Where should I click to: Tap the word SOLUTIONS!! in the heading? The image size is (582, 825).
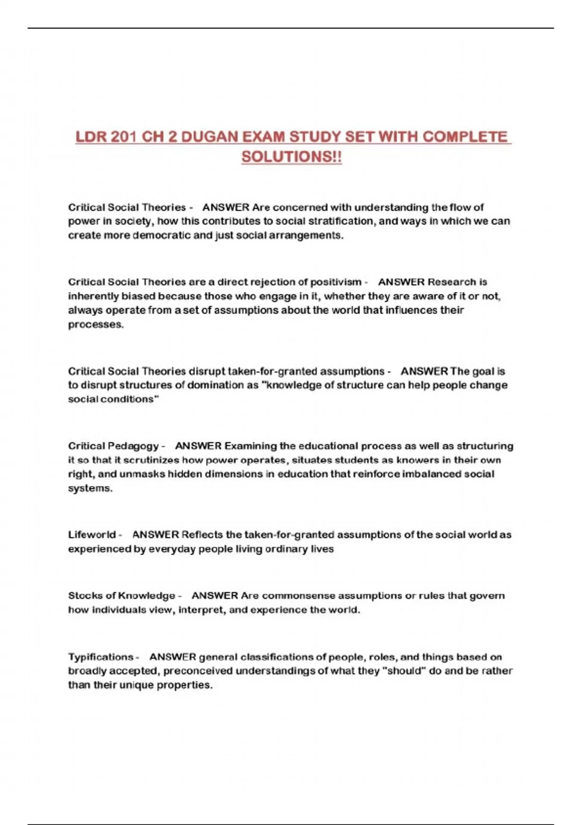pyautogui.click(x=291, y=157)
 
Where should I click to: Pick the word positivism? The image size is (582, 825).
pyautogui.click(x=336, y=282)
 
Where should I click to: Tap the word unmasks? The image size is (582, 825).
pyautogui.click(x=142, y=474)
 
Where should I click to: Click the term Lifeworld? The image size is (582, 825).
pyautogui.click(x=92, y=535)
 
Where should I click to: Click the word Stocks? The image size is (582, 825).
pyautogui.click(x=85, y=595)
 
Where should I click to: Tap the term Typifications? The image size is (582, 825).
pyautogui.click(x=100, y=657)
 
